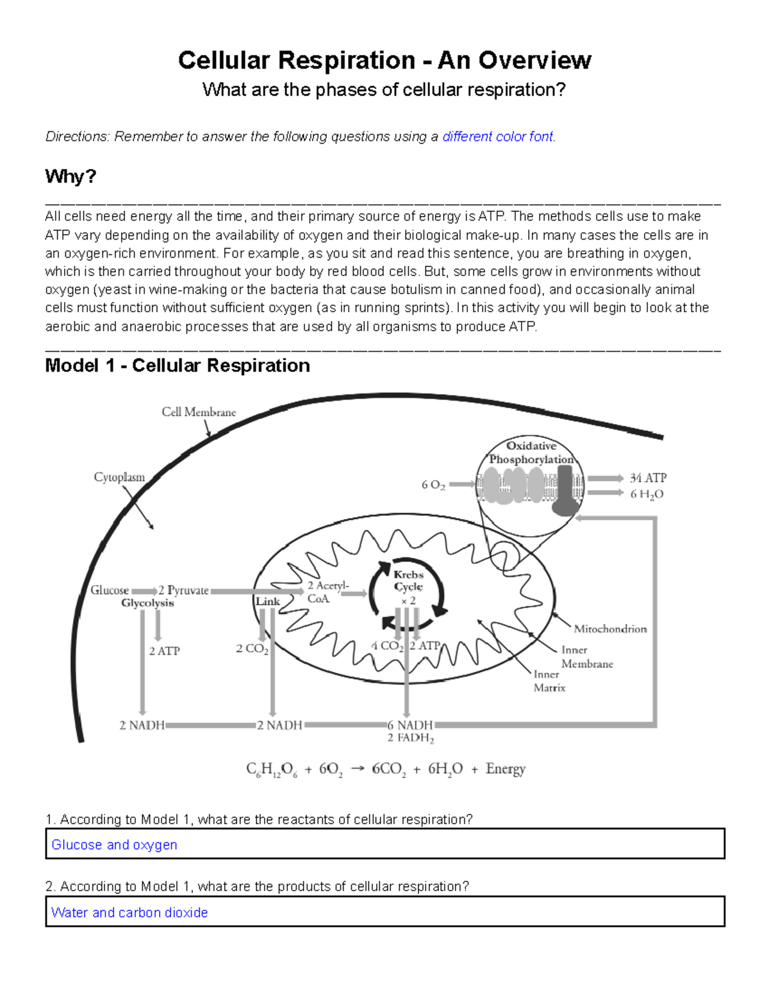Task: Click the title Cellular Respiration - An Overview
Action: (384, 60)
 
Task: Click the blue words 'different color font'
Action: (498, 136)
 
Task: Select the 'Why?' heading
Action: (70, 176)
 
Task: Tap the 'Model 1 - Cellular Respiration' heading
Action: (178, 366)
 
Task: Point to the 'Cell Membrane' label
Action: (199, 413)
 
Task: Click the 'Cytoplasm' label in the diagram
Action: (119, 477)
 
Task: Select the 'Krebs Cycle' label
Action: (408, 580)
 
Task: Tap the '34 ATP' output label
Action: (648, 478)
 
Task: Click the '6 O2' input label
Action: (433, 485)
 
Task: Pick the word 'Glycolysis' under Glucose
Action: (147, 603)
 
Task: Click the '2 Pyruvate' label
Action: (183, 590)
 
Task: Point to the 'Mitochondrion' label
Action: (610, 629)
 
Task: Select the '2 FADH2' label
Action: (411, 738)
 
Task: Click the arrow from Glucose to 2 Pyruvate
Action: (144, 591)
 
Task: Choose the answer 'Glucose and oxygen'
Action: (114, 845)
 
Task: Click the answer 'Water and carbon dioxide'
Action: (129, 912)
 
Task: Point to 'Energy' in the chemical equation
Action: (506, 769)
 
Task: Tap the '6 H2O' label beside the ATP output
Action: (647, 494)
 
